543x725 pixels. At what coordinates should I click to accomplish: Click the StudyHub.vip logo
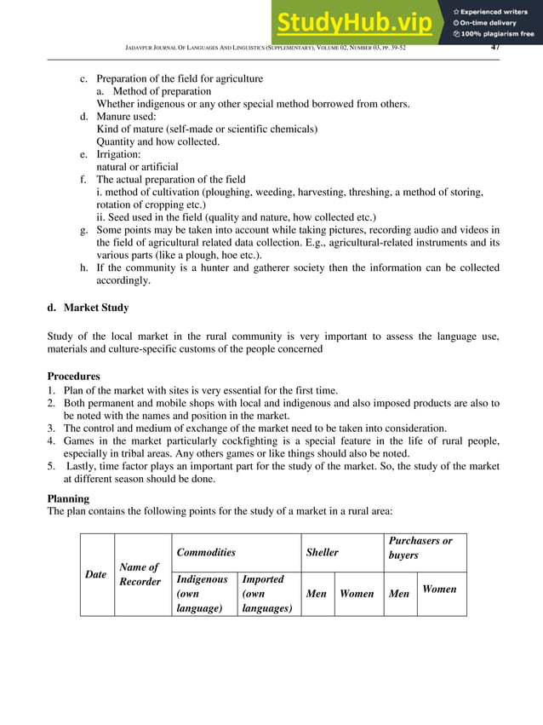(x=357, y=22)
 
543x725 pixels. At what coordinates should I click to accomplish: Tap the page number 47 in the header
(x=496, y=47)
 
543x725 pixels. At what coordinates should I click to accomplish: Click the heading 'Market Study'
(x=96, y=308)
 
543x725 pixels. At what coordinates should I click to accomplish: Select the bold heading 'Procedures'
(x=73, y=376)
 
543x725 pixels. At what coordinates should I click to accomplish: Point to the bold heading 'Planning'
(x=69, y=498)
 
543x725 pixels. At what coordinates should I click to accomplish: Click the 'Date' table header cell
(x=96, y=574)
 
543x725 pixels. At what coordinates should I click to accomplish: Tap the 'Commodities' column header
(x=206, y=552)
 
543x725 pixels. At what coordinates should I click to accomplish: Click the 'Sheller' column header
(x=322, y=552)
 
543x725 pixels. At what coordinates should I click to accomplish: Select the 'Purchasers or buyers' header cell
(x=420, y=548)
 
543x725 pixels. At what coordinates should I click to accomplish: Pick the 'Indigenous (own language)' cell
(x=203, y=593)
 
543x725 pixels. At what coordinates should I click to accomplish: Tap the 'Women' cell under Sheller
(x=357, y=593)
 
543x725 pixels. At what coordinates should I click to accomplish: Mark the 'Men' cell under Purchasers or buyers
(x=398, y=593)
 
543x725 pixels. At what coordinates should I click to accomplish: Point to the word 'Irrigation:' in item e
(x=123, y=154)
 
